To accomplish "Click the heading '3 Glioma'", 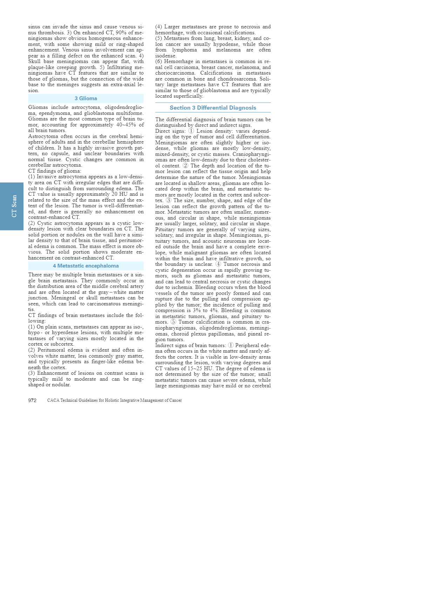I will pos(86,98).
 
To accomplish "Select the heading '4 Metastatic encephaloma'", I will pos(86,266).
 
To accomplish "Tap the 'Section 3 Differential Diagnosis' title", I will pos(213,108).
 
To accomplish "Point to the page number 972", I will pos(32,400).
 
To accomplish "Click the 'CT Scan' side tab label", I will pos(14,206).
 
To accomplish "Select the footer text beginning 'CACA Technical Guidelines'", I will pos(114,400).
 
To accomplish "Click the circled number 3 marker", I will pos(169,200).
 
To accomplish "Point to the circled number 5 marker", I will pos(173,322).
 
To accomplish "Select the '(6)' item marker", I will pos(159,61).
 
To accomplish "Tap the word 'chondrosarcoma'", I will pos(237,79).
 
